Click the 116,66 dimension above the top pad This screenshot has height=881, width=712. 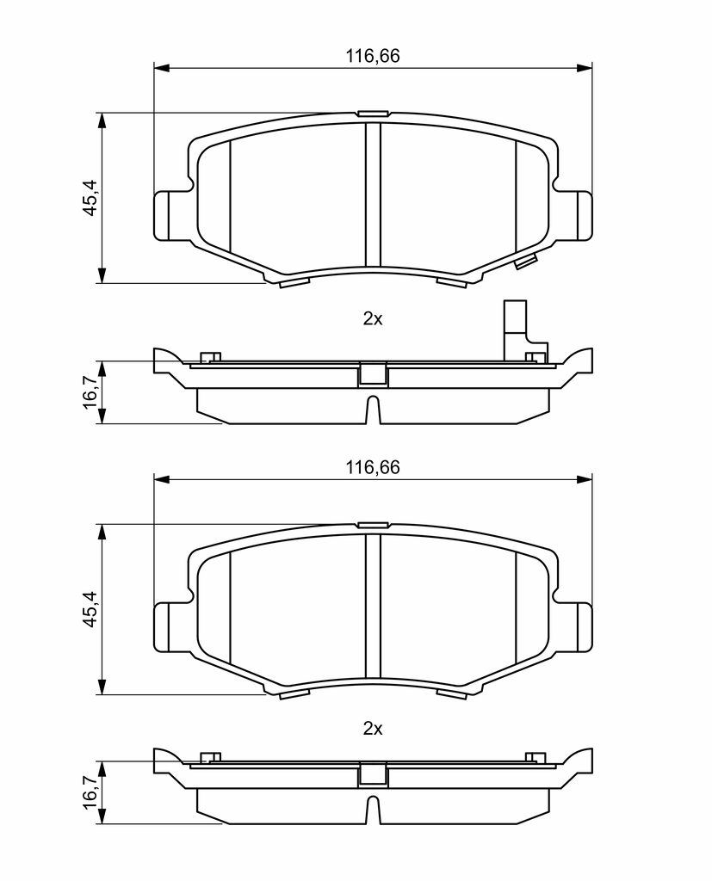click(x=372, y=56)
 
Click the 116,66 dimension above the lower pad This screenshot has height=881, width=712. click(x=372, y=467)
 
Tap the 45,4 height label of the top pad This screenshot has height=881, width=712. click(x=90, y=197)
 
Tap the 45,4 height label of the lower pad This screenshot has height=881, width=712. click(x=90, y=609)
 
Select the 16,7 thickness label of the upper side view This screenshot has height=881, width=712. click(x=90, y=392)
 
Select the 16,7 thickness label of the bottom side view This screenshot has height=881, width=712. click(x=90, y=793)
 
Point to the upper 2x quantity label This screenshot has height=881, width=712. click(x=372, y=319)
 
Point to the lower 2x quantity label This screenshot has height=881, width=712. click(x=372, y=729)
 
